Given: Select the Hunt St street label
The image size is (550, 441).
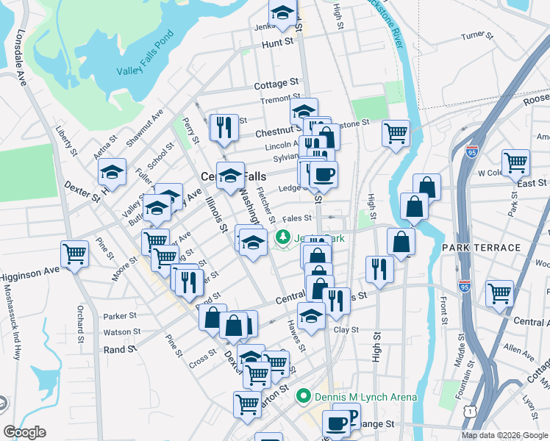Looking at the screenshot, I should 277,44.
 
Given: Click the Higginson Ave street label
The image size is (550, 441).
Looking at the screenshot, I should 29,273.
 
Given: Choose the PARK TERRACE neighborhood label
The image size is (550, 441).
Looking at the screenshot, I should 481,248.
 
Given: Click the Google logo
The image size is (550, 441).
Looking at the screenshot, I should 24,432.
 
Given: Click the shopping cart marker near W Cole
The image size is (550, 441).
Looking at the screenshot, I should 515,162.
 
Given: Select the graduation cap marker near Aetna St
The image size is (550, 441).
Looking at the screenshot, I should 112,172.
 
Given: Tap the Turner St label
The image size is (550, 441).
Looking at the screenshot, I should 475,35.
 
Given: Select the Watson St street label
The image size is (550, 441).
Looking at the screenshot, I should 121,332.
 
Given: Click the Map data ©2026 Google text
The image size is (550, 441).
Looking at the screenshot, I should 504,435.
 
